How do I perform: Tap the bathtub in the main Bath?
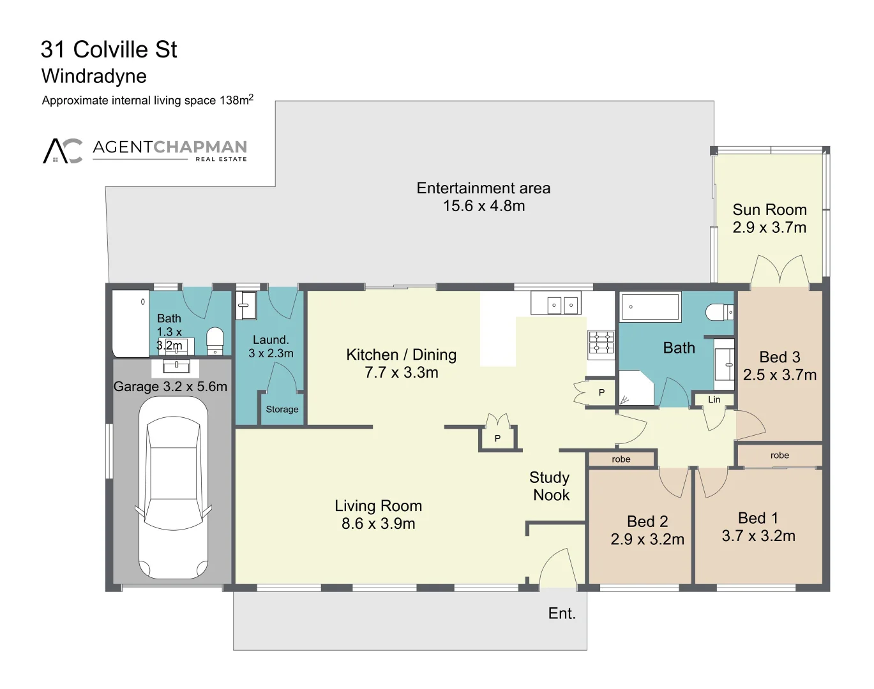[650, 307]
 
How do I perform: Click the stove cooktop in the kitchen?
[601, 342]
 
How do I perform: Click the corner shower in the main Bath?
[636, 388]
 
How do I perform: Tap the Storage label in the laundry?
[282, 410]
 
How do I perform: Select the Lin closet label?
[714, 400]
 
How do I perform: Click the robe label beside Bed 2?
[621, 459]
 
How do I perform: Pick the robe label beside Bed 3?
[780, 456]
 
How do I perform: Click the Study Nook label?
[550, 486]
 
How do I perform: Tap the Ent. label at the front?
[562, 614]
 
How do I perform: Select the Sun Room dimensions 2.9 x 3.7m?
[769, 228]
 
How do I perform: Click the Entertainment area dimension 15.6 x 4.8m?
[484, 206]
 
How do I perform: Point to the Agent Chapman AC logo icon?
[63, 151]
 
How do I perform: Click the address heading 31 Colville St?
[109, 50]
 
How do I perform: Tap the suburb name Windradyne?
[94, 77]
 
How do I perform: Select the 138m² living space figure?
[236, 100]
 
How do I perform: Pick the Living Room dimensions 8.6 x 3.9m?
[378, 524]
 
